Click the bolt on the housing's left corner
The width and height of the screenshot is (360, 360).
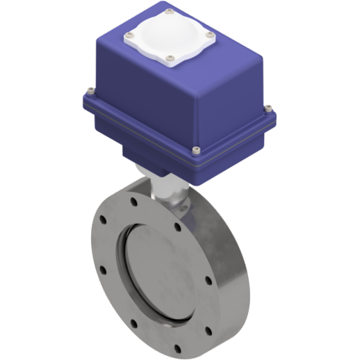90,89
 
